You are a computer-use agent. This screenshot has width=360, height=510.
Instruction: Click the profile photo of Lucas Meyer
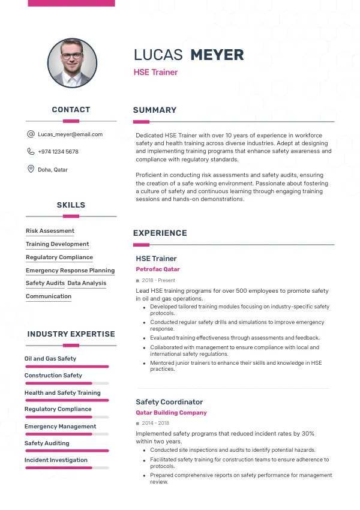point(72,63)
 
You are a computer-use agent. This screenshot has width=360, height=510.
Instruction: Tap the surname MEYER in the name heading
point(217,55)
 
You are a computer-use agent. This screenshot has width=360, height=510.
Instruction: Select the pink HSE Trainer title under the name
point(155,73)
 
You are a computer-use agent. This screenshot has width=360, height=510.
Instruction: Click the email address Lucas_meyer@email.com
point(70,134)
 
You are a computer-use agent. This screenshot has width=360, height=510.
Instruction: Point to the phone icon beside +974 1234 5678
point(31,152)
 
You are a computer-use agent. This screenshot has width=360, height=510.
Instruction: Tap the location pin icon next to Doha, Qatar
point(31,169)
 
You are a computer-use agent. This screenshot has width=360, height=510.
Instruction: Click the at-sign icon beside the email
point(31,134)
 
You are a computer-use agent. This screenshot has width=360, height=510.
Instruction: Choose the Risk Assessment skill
point(50,231)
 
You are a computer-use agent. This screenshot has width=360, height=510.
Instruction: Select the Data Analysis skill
point(86,283)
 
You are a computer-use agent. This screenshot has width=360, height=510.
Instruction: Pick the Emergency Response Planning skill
point(70,271)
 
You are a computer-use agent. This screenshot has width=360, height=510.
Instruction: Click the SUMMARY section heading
point(155,110)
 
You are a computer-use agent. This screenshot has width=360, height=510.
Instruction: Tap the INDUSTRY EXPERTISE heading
point(71,334)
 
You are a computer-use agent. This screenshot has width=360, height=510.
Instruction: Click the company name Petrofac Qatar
point(158,269)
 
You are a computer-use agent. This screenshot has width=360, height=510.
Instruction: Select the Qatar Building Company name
point(171,413)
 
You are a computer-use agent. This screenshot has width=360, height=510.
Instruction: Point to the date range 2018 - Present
point(158,280)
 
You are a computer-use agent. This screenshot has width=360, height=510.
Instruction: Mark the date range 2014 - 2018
point(156,424)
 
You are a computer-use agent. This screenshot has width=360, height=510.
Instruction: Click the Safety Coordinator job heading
point(169,402)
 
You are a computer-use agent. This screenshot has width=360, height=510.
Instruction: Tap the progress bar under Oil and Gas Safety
point(67,366)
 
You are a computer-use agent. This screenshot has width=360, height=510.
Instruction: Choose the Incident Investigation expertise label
point(56,460)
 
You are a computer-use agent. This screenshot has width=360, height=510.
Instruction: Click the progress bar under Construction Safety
point(67,383)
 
